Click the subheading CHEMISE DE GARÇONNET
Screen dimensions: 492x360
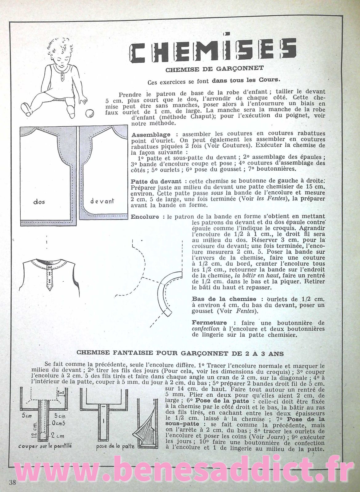click(x=214, y=69)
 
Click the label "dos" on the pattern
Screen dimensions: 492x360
click(x=39, y=202)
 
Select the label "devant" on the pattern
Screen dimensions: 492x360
click(x=102, y=201)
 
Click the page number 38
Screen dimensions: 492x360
click(x=13, y=482)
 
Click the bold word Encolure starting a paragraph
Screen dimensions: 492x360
click(x=145, y=217)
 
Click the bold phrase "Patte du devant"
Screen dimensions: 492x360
click(x=156, y=181)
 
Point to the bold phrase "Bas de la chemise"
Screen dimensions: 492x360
click(x=224, y=299)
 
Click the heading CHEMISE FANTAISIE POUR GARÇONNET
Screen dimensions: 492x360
click(x=180, y=353)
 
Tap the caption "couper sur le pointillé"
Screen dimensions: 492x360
click(x=45, y=446)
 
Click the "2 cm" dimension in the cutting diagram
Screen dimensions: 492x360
click(x=58, y=435)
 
